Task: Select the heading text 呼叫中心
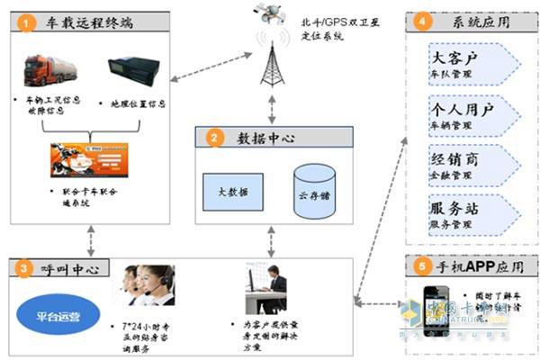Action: tap(69, 269)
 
